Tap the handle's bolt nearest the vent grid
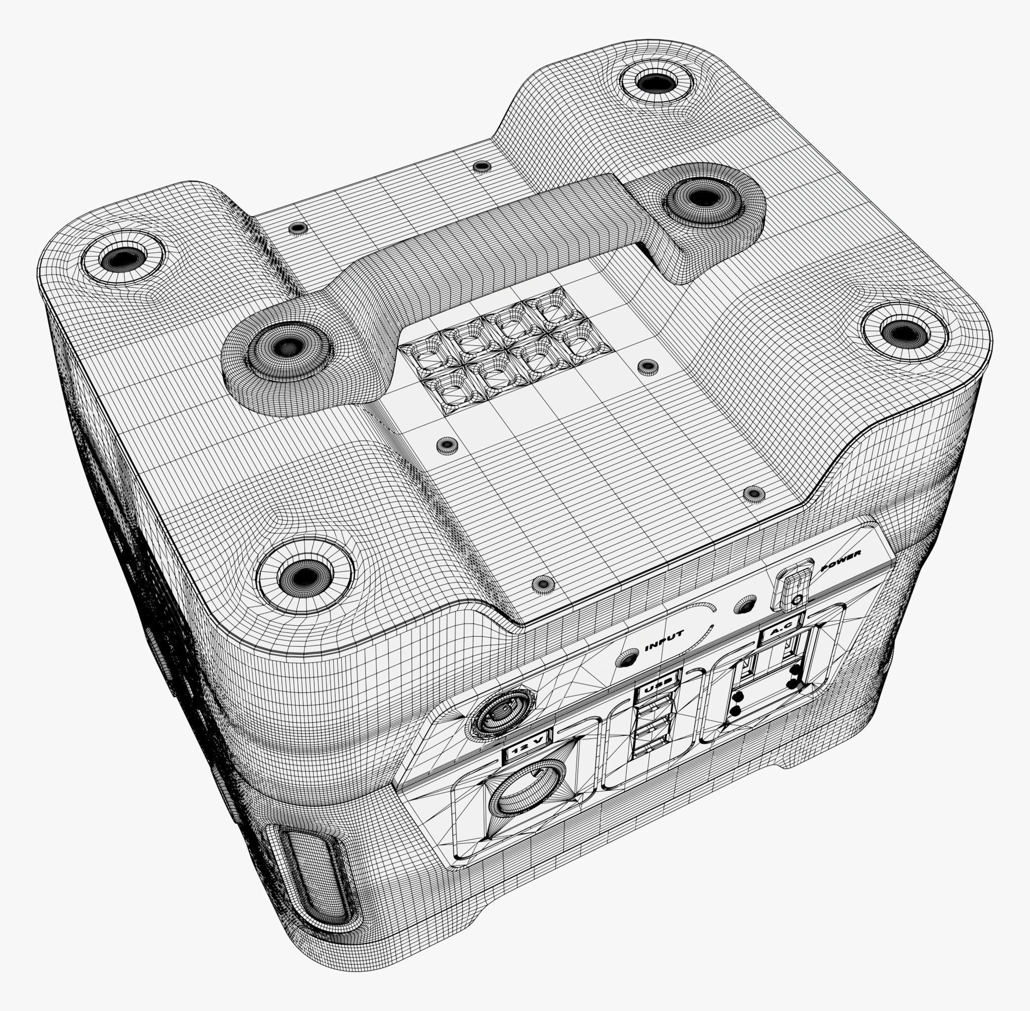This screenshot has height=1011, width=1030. (x=287, y=348)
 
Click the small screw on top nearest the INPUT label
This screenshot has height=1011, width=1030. (x=542, y=583)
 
